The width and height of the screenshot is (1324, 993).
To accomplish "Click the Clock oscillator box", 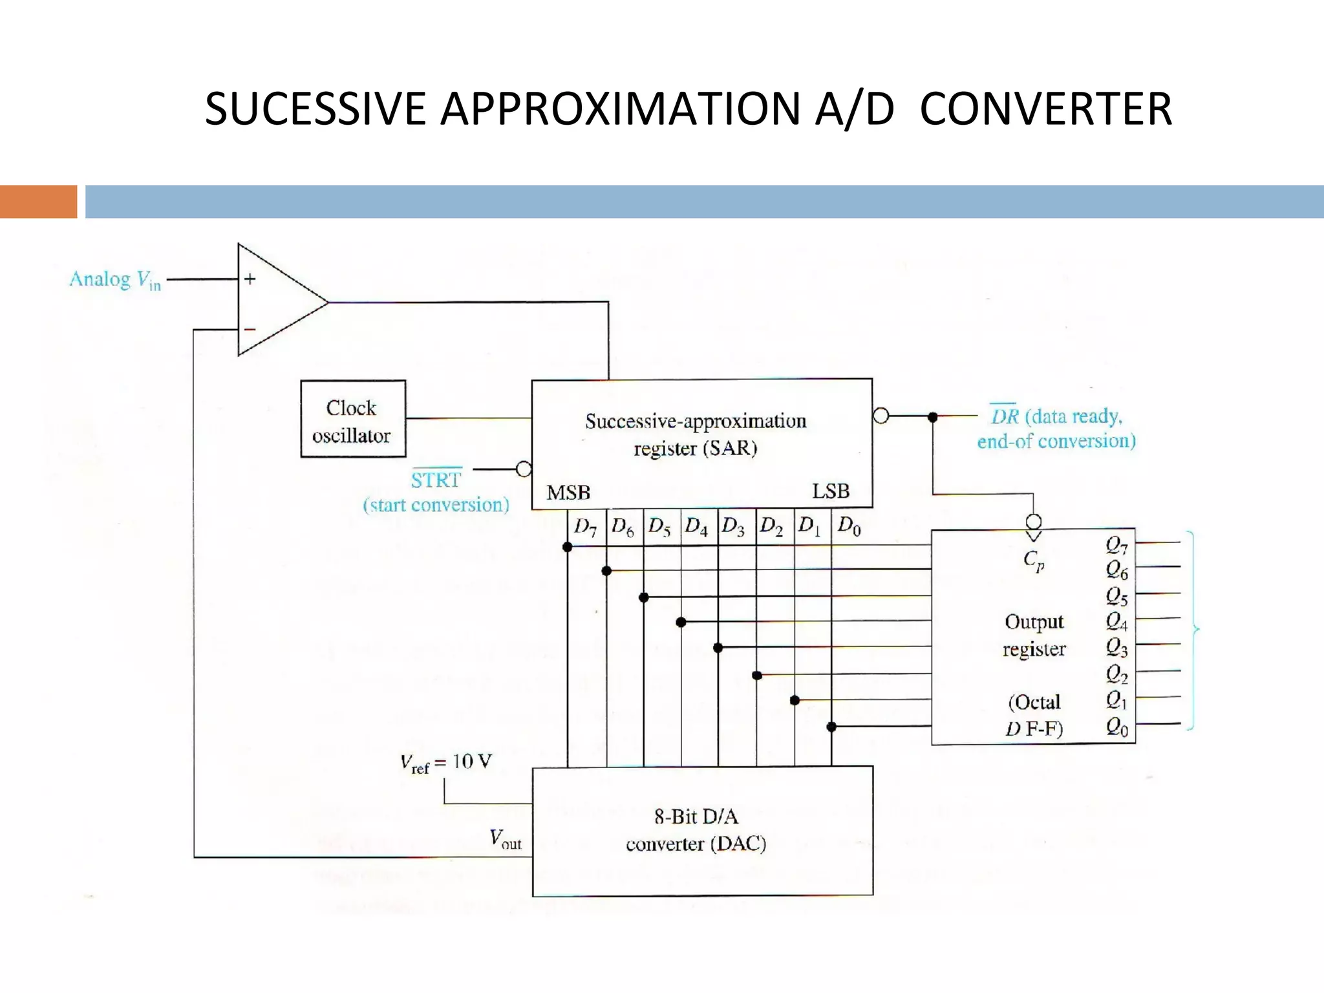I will point(353,419).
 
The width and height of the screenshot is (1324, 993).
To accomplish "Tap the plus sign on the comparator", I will point(250,279).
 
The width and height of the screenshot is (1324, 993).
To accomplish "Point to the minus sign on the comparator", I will point(250,330).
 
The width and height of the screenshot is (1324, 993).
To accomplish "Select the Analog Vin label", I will point(115,280).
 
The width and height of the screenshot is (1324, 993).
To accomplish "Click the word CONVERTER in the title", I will point(1045,109).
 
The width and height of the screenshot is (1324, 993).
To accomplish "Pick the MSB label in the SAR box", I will point(568,493).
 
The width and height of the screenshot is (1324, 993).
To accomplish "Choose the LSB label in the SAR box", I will point(831,491).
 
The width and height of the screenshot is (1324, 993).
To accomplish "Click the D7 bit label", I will point(585,527).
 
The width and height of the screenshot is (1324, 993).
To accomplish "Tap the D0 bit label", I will point(849,526).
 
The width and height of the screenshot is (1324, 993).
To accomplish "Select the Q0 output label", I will point(1116,727).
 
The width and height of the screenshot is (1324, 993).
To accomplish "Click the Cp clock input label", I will point(1033,560).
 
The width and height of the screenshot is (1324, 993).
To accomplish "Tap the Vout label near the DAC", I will point(505,839).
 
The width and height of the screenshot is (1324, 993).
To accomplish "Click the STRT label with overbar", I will point(436,480).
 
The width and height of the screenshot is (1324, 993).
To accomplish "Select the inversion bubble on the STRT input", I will point(524,469).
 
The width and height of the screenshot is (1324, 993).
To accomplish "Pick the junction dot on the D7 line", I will point(568,547).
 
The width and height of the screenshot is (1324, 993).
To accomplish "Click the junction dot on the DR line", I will point(932,418).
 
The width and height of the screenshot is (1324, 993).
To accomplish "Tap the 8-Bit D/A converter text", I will point(696,830).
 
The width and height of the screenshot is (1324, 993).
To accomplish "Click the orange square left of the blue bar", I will point(38,201).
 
